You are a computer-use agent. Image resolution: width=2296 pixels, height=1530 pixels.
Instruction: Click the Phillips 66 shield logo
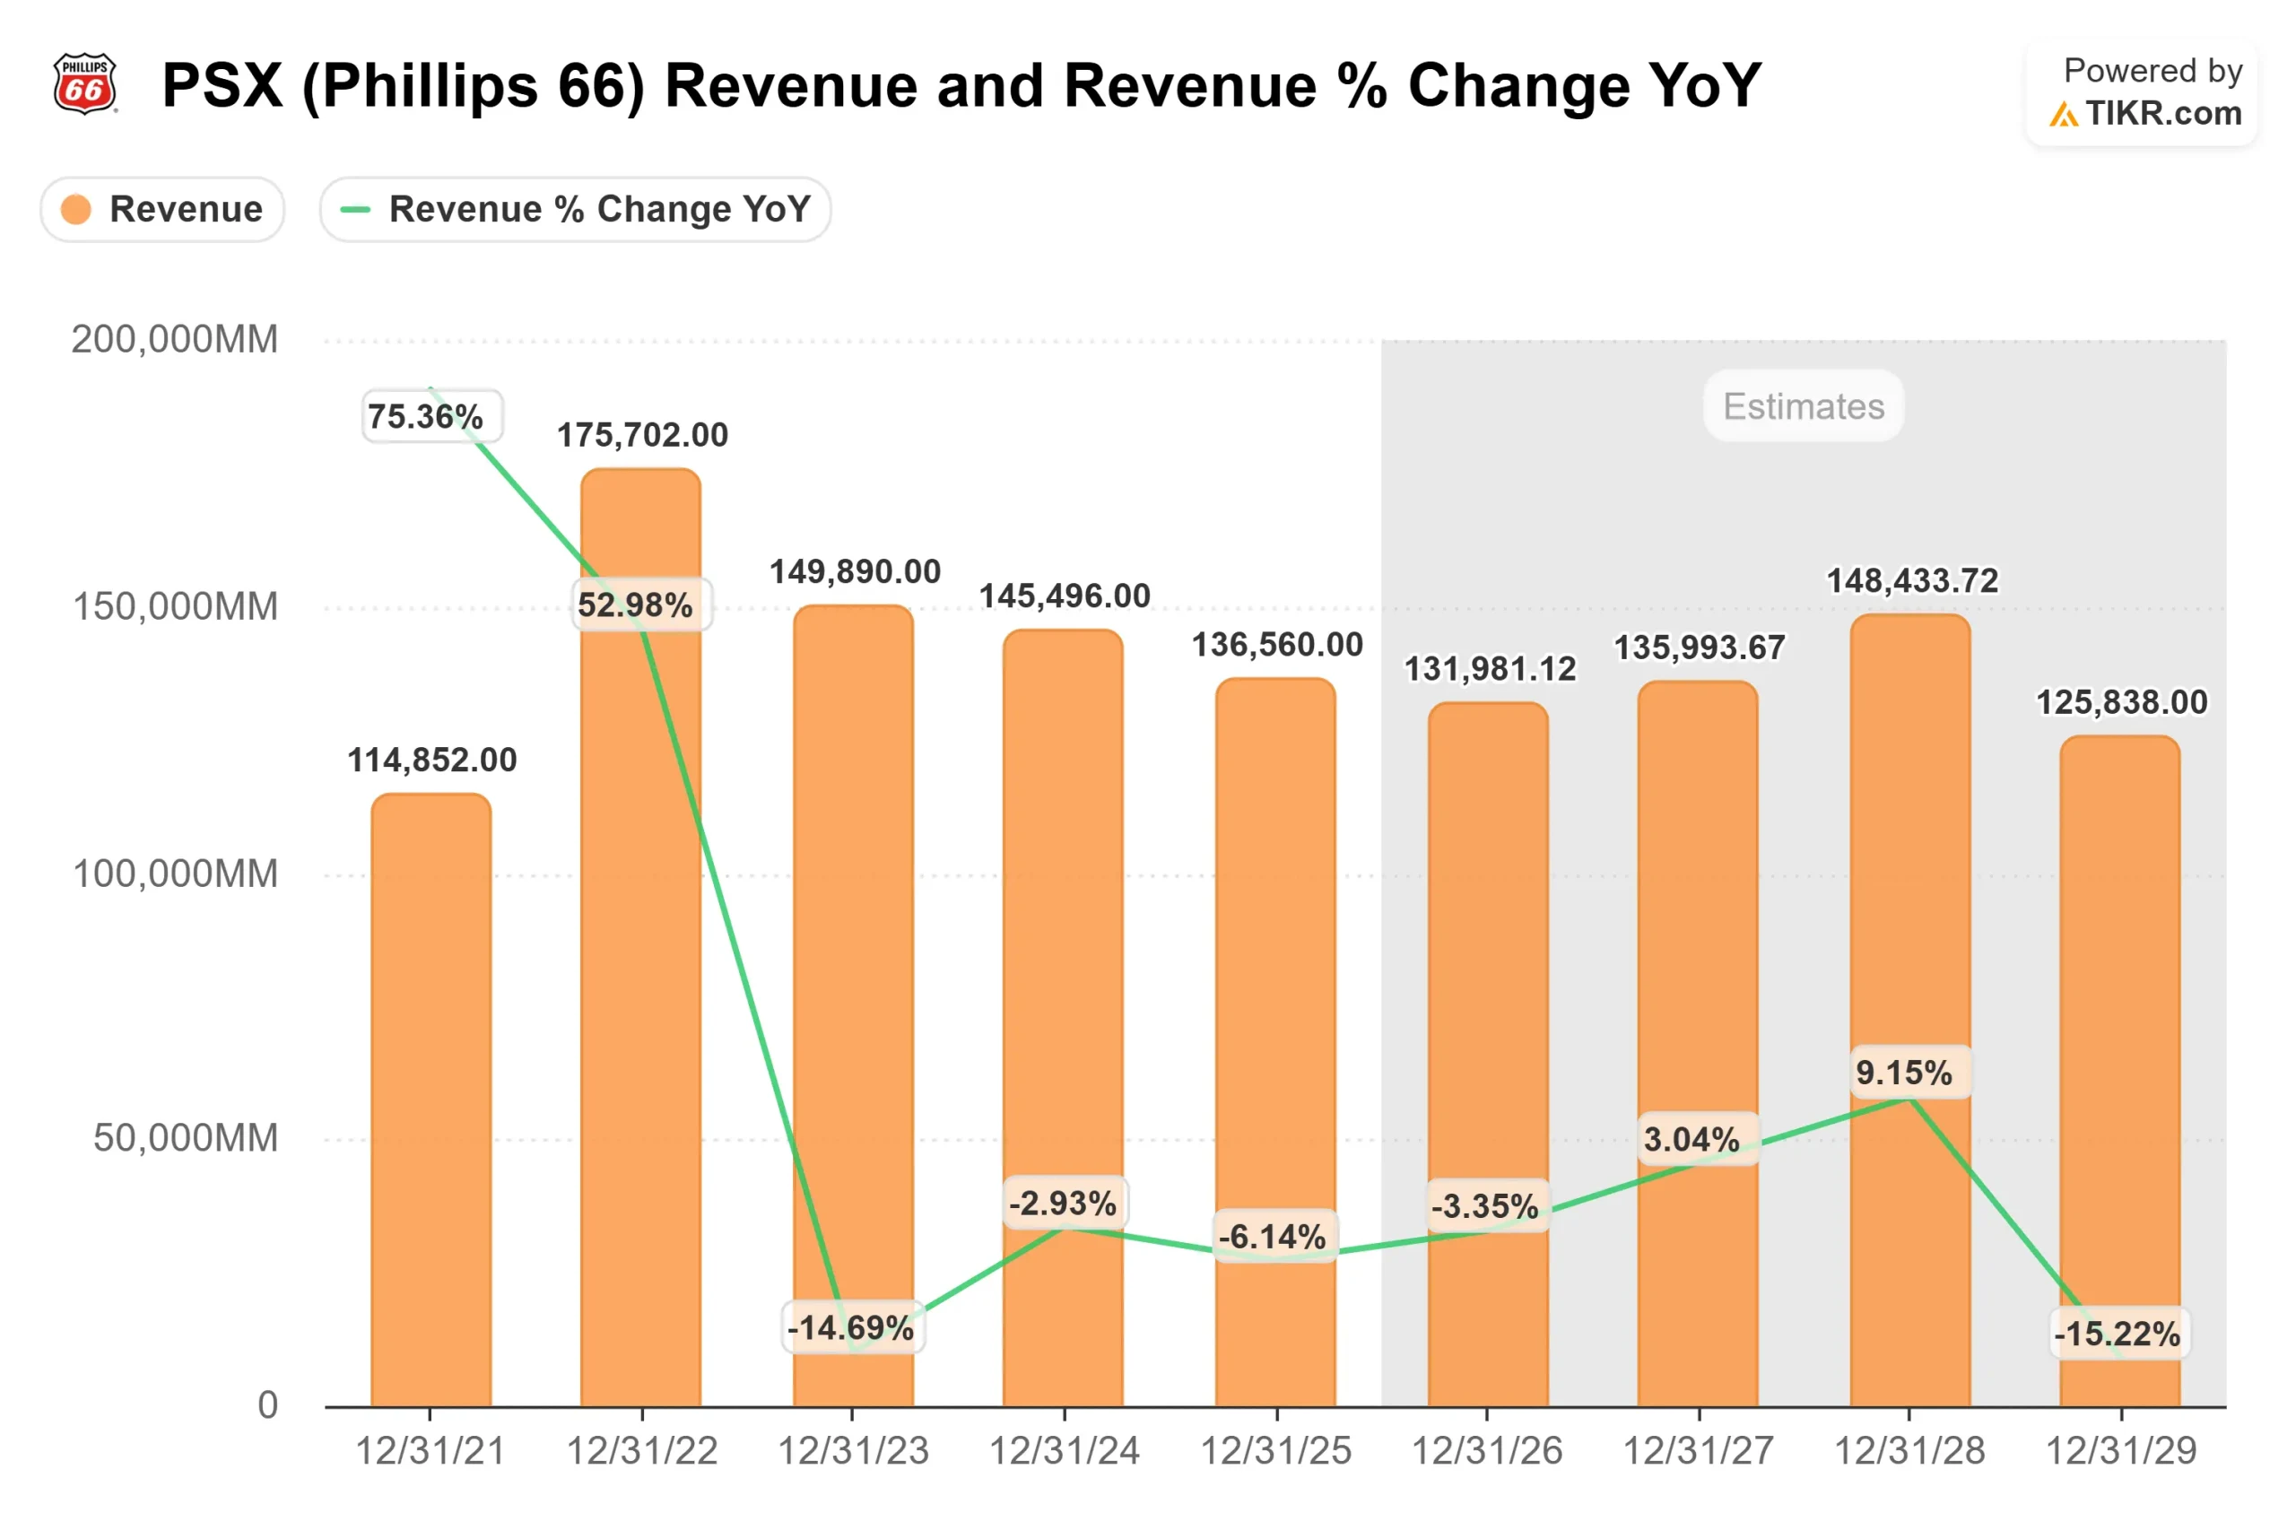coord(84,84)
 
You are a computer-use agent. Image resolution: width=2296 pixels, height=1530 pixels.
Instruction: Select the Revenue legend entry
coord(162,209)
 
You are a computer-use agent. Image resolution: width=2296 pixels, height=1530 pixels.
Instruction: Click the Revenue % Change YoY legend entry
coord(575,209)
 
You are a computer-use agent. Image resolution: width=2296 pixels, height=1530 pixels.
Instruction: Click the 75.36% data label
coord(426,417)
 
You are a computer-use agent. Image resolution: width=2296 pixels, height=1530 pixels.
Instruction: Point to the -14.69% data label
coord(851,1327)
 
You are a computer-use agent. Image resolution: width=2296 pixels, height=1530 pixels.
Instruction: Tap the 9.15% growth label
coord(1904,1073)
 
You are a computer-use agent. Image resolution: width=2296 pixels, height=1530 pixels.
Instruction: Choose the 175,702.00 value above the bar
coord(642,435)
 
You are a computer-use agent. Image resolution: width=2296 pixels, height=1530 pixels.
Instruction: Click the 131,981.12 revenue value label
coord(1489,669)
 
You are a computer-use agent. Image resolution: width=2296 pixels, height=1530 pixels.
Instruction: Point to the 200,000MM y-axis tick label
coord(175,340)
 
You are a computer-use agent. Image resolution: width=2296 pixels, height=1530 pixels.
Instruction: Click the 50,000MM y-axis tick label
coord(186,1138)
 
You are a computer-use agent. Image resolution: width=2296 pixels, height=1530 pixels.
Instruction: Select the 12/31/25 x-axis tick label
coord(1275,1451)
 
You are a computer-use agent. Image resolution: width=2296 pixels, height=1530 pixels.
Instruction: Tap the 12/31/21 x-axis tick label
coord(430,1451)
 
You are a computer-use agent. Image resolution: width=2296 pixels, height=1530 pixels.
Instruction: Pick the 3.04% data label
coord(1691,1139)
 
